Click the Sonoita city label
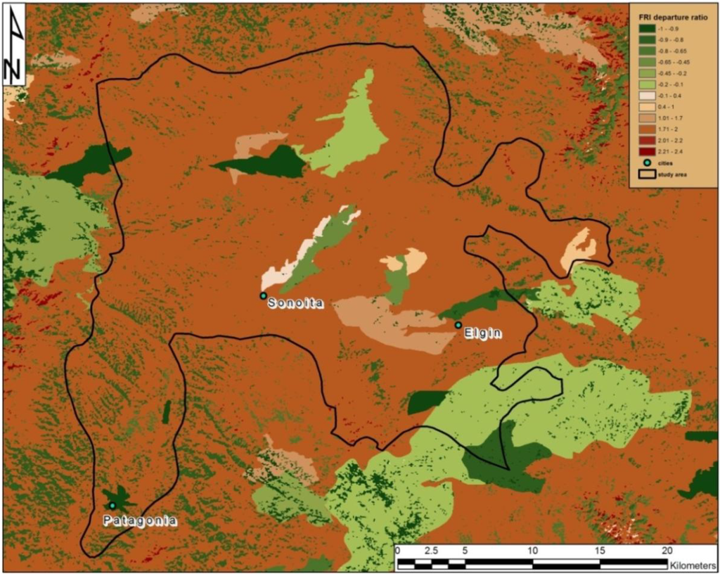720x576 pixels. tap(295, 305)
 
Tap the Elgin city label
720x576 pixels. tap(483, 333)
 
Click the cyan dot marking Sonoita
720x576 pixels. tap(263, 296)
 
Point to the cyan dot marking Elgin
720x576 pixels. tap(458, 325)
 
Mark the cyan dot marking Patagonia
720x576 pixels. tap(112, 506)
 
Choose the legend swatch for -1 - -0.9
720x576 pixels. tap(643, 30)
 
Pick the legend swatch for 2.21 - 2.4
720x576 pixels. tap(643, 151)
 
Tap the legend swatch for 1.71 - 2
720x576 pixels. tap(643, 129)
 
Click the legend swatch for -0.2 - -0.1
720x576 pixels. tap(643, 84)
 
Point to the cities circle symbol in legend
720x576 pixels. tap(643, 163)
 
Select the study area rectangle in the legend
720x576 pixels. tap(643, 175)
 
